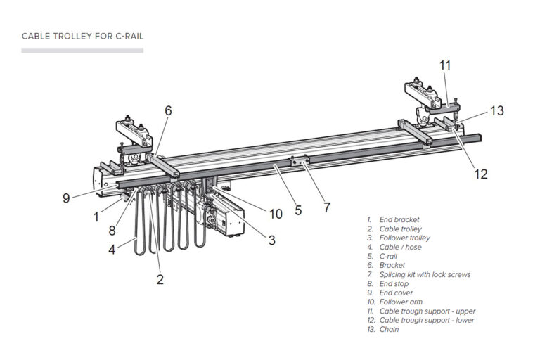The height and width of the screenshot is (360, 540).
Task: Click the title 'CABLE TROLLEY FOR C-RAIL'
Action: tap(82, 36)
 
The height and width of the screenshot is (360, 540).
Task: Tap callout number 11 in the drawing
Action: tap(445, 65)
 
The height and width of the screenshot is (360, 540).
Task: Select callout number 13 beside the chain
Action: tap(497, 110)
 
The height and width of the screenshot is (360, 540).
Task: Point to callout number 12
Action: tap(481, 174)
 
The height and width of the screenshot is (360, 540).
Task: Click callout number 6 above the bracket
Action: tap(168, 110)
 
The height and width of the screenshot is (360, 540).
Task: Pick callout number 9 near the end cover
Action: tap(66, 198)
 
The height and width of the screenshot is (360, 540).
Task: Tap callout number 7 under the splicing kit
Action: tap(327, 207)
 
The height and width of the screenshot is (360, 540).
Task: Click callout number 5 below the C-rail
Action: tap(298, 210)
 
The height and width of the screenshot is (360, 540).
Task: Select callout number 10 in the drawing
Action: tap(276, 214)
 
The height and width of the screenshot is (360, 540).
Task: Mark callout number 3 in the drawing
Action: tap(271, 240)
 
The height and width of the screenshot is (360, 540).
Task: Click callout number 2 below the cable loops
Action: tap(160, 279)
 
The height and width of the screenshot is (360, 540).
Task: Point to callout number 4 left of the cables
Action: tap(112, 250)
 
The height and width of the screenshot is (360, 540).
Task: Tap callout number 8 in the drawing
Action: tap(112, 231)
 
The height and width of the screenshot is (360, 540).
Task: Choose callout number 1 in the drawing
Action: tap(96, 217)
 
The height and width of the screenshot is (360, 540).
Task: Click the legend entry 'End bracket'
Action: tap(399, 220)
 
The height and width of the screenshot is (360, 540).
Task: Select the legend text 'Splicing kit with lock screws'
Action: tap(425, 274)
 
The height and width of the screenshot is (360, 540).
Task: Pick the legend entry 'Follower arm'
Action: tap(401, 302)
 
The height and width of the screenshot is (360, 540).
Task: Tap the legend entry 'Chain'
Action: tap(389, 329)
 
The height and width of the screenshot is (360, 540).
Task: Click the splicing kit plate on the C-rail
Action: tap(300, 160)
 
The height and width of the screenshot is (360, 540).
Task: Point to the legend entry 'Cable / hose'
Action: tap(400, 247)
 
